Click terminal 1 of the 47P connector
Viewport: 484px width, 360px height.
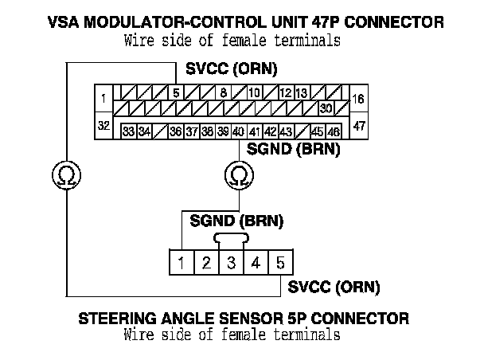(x=104, y=99)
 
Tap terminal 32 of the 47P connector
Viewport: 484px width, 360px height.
(x=104, y=125)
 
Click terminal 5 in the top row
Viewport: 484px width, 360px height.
(x=176, y=92)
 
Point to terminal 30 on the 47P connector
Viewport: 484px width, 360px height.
(x=325, y=107)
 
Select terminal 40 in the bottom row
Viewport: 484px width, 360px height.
(x=237, y=131)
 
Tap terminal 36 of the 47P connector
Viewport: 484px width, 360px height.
(x=175, y=131)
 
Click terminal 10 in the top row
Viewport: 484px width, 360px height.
(x=254, y=92)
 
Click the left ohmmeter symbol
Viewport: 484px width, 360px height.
(x=67, y=175)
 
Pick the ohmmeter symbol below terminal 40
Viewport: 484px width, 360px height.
(x=237, y=175)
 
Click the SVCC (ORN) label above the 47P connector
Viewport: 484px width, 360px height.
(x=231, y=70)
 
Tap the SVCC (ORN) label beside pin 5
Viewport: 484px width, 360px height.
(x=333, y=286)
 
